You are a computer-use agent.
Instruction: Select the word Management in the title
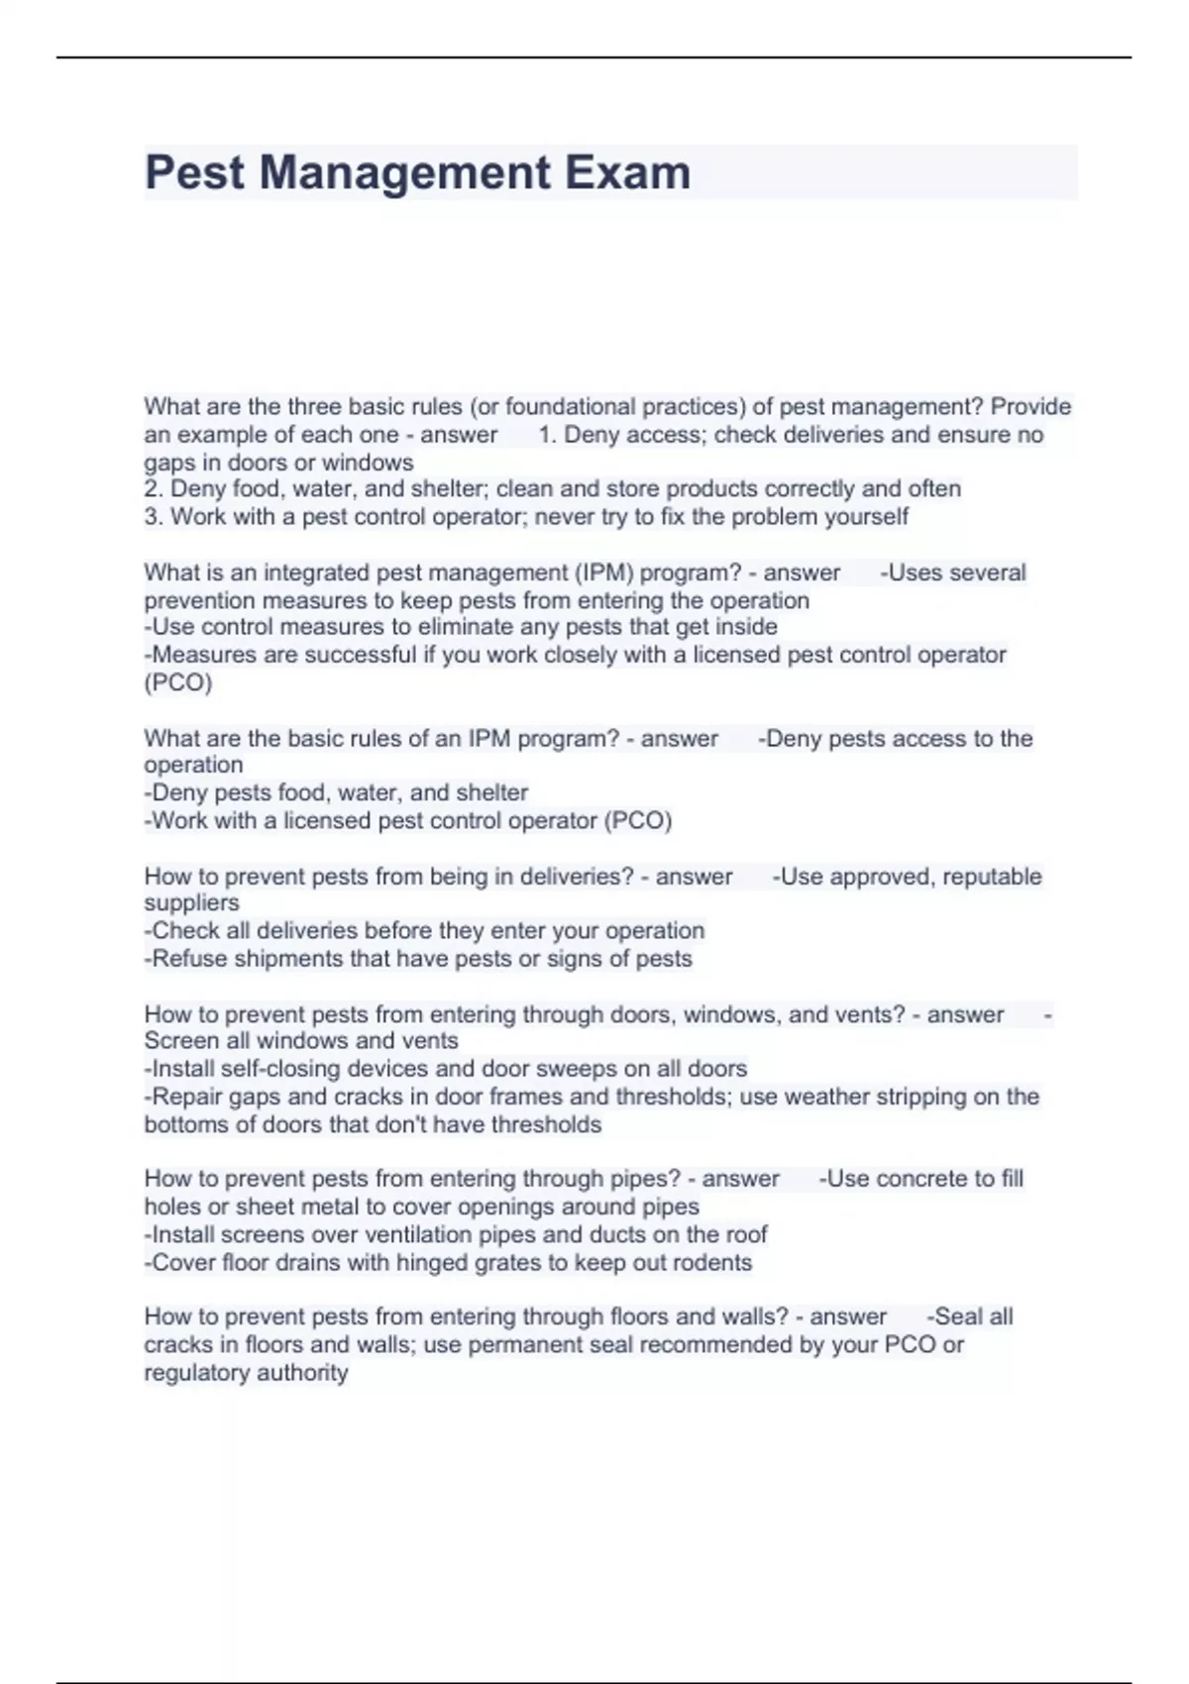click(x=404, y=172)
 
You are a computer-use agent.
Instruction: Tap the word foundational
click(x=571, y=406)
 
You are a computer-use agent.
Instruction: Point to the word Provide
click(x=1030, y=406)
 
